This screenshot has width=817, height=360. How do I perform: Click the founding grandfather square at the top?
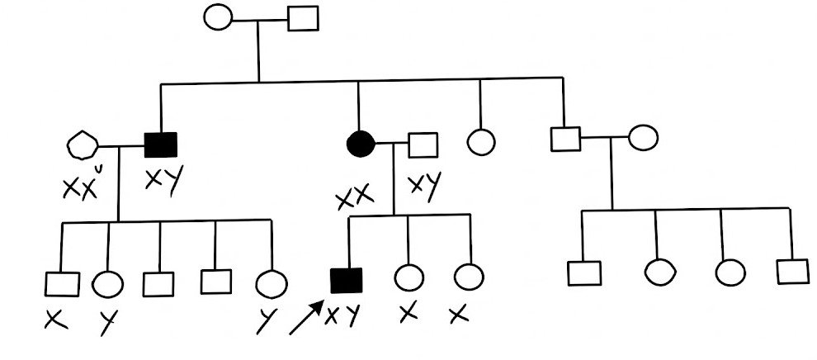point(303,18)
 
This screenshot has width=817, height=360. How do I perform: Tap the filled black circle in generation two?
point(360,145)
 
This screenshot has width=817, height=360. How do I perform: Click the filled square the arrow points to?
point(346,281)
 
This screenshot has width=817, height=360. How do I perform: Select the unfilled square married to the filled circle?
point(423,145)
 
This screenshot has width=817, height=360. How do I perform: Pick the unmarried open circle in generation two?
point(480,140)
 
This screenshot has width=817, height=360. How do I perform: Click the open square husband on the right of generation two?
point(565,139)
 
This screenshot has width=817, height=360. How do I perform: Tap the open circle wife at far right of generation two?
point(643,138)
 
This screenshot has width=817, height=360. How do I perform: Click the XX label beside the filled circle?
point(353,198)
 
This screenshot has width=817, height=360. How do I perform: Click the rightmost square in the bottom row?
point(792,271)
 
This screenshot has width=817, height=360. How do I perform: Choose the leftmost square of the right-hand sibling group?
point(584,272)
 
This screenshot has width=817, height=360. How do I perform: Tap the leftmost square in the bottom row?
point(63,283)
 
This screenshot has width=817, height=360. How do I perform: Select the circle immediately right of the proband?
point(407,277)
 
